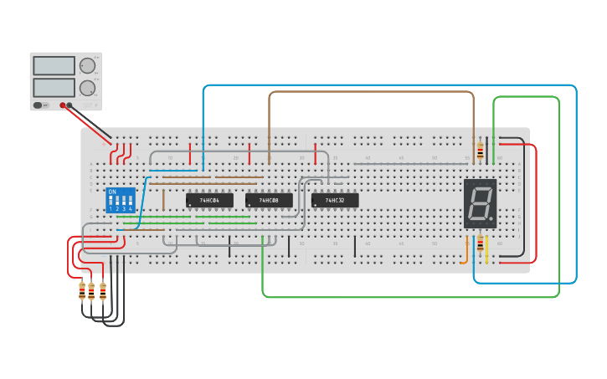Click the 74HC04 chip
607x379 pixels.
[209, 201]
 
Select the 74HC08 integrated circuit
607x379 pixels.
[269, 201]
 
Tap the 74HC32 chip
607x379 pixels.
[335, 201]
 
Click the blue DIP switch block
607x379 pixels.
[121, 200]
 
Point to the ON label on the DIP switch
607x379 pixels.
[112, 192]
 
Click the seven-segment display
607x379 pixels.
[480, 203]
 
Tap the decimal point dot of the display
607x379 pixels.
[492, 219]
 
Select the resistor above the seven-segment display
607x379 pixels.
[480, 151]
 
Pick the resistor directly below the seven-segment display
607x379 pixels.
[480, 246]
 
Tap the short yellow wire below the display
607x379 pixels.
[486, 251]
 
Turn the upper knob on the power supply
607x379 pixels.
[87, 66]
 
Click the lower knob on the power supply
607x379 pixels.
[87, 88]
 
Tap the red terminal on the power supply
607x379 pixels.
[63, 105]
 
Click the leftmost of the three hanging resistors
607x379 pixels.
[82, 290]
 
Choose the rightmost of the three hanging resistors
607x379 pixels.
[103, 290]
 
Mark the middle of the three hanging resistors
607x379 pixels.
[92, 290]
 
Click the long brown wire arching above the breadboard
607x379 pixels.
[368, 92]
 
